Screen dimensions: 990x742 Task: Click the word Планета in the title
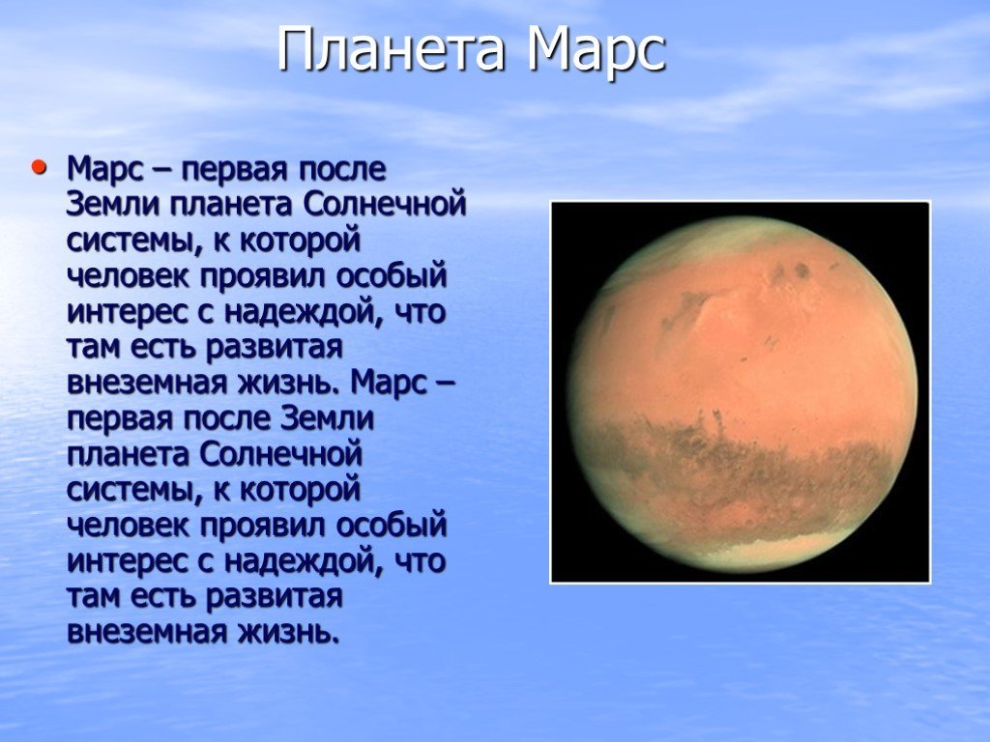point(392,48)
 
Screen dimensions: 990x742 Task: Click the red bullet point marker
point(39,167)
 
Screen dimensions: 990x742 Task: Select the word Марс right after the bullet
point(106,170)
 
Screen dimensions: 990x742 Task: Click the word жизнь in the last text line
point(283,631)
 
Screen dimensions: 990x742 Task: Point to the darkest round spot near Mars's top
point(801,271)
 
